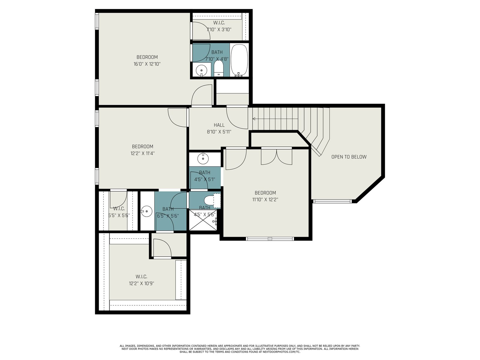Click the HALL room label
[219, 125]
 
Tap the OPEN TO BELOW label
[349, 157]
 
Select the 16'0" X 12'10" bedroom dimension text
[147, 64]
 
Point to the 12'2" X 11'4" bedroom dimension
[142, 153]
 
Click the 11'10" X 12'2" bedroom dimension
[265, 199]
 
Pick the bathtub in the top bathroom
[239, 60]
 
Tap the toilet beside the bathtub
[218, 68]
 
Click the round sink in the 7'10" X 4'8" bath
[201, 70]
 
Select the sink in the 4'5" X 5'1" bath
[203, 158]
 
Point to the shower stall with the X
[203, 220]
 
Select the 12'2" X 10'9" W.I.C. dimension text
[142, 283]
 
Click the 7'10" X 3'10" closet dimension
[219, 29]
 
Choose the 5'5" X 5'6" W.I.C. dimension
[119, 215]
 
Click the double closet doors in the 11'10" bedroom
[277, 157]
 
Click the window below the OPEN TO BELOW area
[332, 201]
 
